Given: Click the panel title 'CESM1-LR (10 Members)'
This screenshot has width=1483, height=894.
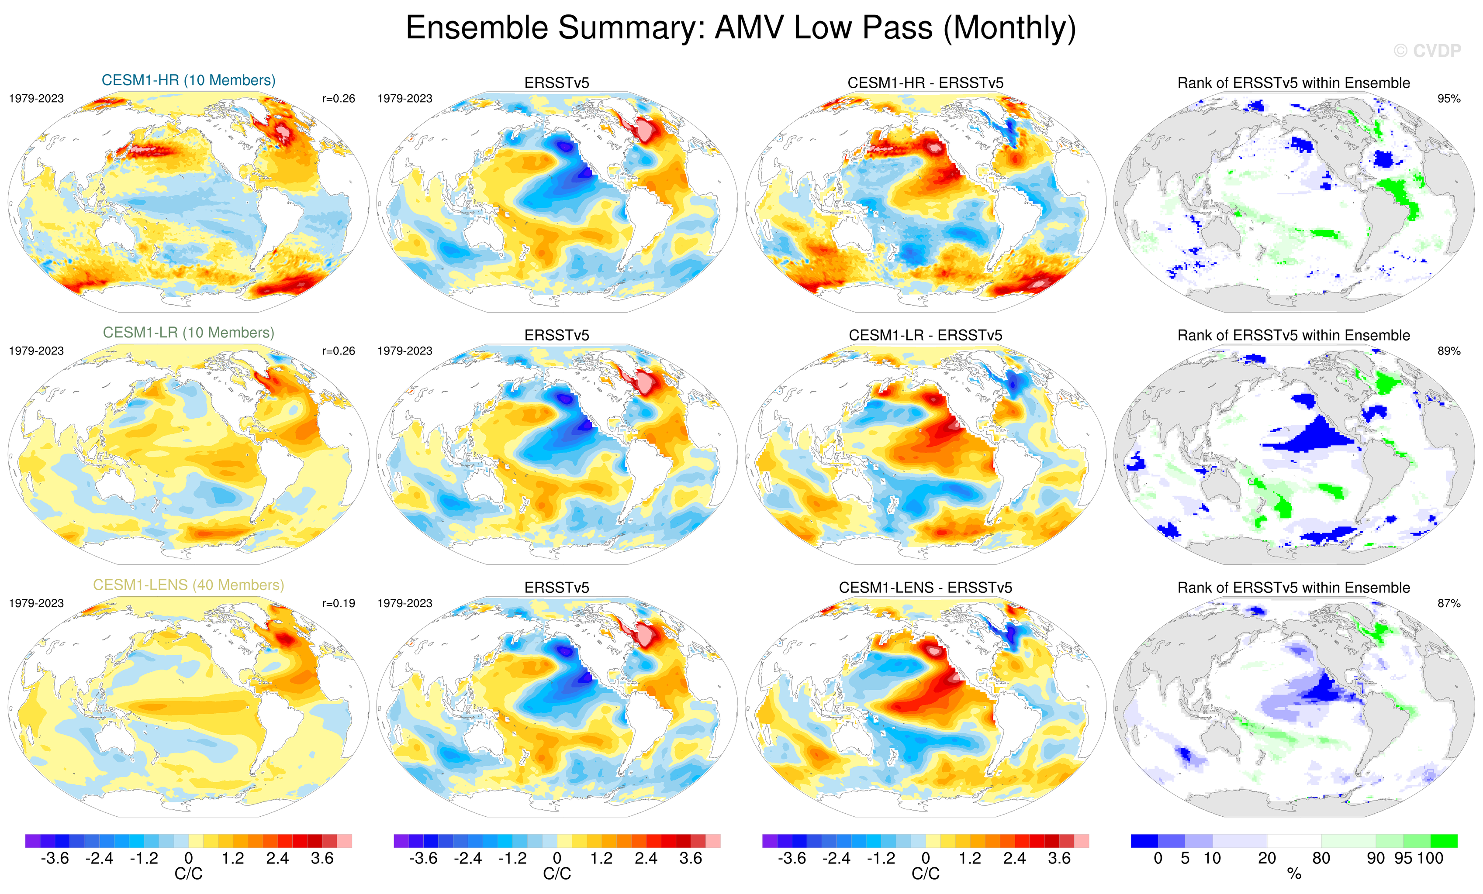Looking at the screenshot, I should click(188, 332).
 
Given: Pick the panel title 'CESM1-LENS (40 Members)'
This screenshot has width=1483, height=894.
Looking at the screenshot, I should click(188, 585).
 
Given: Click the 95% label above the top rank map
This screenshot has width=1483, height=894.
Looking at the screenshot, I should click(1448, 99).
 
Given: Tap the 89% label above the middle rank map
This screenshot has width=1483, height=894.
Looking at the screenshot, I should click(1448, 351).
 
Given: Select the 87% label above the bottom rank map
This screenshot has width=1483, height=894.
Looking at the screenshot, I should click(1448, 603).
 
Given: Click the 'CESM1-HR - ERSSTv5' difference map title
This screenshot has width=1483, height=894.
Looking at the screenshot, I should click(925, 83).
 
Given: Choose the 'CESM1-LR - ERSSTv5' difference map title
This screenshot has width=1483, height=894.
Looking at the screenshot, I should click(925, 335).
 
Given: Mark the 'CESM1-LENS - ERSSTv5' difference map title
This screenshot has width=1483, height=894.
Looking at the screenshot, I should click(925, 587).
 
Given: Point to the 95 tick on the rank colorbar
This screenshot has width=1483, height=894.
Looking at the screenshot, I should click(1403, 858).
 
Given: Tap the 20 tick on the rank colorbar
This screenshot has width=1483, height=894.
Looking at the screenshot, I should click(1267, 858).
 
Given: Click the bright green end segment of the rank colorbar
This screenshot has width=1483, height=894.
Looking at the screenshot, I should click(1443, 840).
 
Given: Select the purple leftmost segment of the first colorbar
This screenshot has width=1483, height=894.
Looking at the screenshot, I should click(32, 840).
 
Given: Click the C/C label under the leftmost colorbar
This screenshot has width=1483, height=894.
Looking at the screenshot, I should click(188, 873).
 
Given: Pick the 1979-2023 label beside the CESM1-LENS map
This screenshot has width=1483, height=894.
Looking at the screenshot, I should click(36, 603).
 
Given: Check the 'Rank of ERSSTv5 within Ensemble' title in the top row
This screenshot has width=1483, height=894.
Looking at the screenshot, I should click(1293, 83).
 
